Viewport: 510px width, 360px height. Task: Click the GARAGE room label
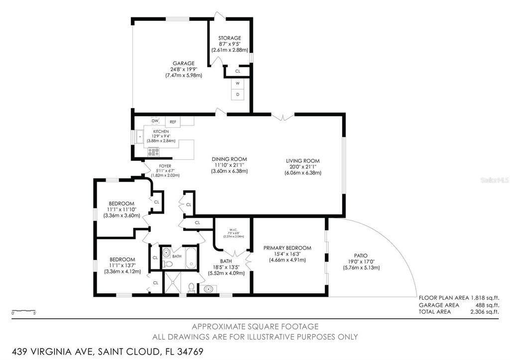pyautogui.click(x=184, y=63)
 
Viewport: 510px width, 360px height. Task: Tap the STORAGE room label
pyautogui.click(x=230, y=38)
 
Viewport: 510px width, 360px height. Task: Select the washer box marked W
pyautogui.click(x=238, y=83)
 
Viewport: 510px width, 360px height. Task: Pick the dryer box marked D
pyautogui.click(x=238, y=94)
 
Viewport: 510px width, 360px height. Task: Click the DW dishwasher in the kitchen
pyautogui.click(x=155, y=121)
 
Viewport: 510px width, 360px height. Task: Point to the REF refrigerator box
pyautogui.click(x=173, y=121)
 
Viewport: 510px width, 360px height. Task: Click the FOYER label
pyautogui.click(x=165, y=166)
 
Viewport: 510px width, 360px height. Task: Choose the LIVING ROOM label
pyautogui.click(x=302, y=161)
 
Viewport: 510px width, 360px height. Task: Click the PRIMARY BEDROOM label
pyautogui.click(x=287, y=248)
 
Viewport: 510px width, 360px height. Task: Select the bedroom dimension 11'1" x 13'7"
pyautogui.click(x=123, y=265)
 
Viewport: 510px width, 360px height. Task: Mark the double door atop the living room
pyautogui.click(x=282, y=117)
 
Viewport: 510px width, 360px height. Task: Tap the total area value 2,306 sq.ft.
pyautogui.click(x=485, y=312)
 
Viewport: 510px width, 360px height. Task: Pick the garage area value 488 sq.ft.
pyautogui.click(x=486, y=304)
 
